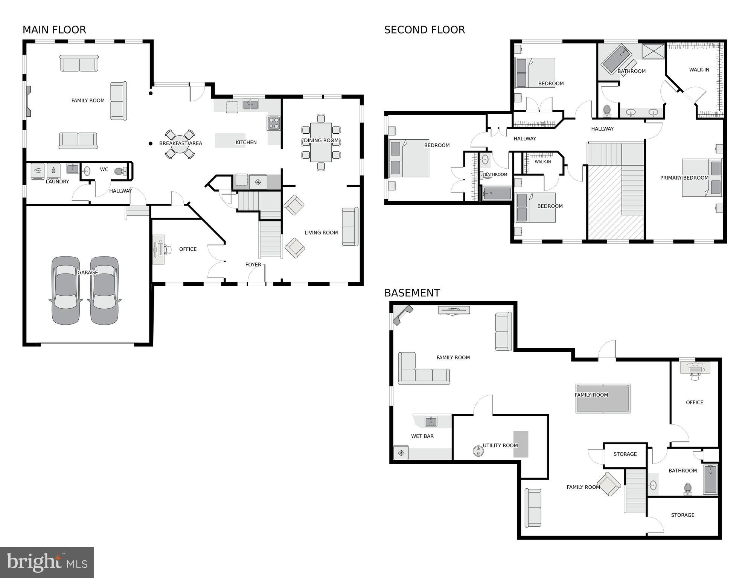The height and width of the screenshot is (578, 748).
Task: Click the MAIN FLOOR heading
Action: coord(54,30)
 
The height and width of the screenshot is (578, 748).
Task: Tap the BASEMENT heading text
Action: coord(412,293)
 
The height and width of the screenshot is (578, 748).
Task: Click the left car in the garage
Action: coord(66,290)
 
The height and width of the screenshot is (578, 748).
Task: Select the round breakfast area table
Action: coord(180,144)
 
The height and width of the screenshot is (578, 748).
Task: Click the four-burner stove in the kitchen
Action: coord(274,123)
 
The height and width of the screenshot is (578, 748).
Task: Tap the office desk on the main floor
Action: coord(159,249)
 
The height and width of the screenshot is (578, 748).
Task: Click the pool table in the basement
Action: coord(603,398)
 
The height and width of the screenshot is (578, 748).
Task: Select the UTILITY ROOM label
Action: coord(500,445)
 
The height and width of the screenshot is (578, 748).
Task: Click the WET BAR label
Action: coord(422,436)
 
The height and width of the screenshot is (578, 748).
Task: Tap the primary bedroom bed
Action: coord(702,178)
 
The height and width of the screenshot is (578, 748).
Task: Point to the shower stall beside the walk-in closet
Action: coord(654,51)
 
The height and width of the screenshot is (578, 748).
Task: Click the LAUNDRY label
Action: coord(57,181)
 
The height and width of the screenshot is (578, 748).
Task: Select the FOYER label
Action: coord(253,265)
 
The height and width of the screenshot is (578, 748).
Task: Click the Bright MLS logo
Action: coord(47,562)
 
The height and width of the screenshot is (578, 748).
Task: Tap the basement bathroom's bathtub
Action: coord(710,479)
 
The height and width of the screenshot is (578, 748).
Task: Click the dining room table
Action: coord(321,142)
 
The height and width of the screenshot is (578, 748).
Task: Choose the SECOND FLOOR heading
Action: coord(424,30)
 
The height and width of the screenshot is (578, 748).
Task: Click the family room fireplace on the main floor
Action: coord(28,101)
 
